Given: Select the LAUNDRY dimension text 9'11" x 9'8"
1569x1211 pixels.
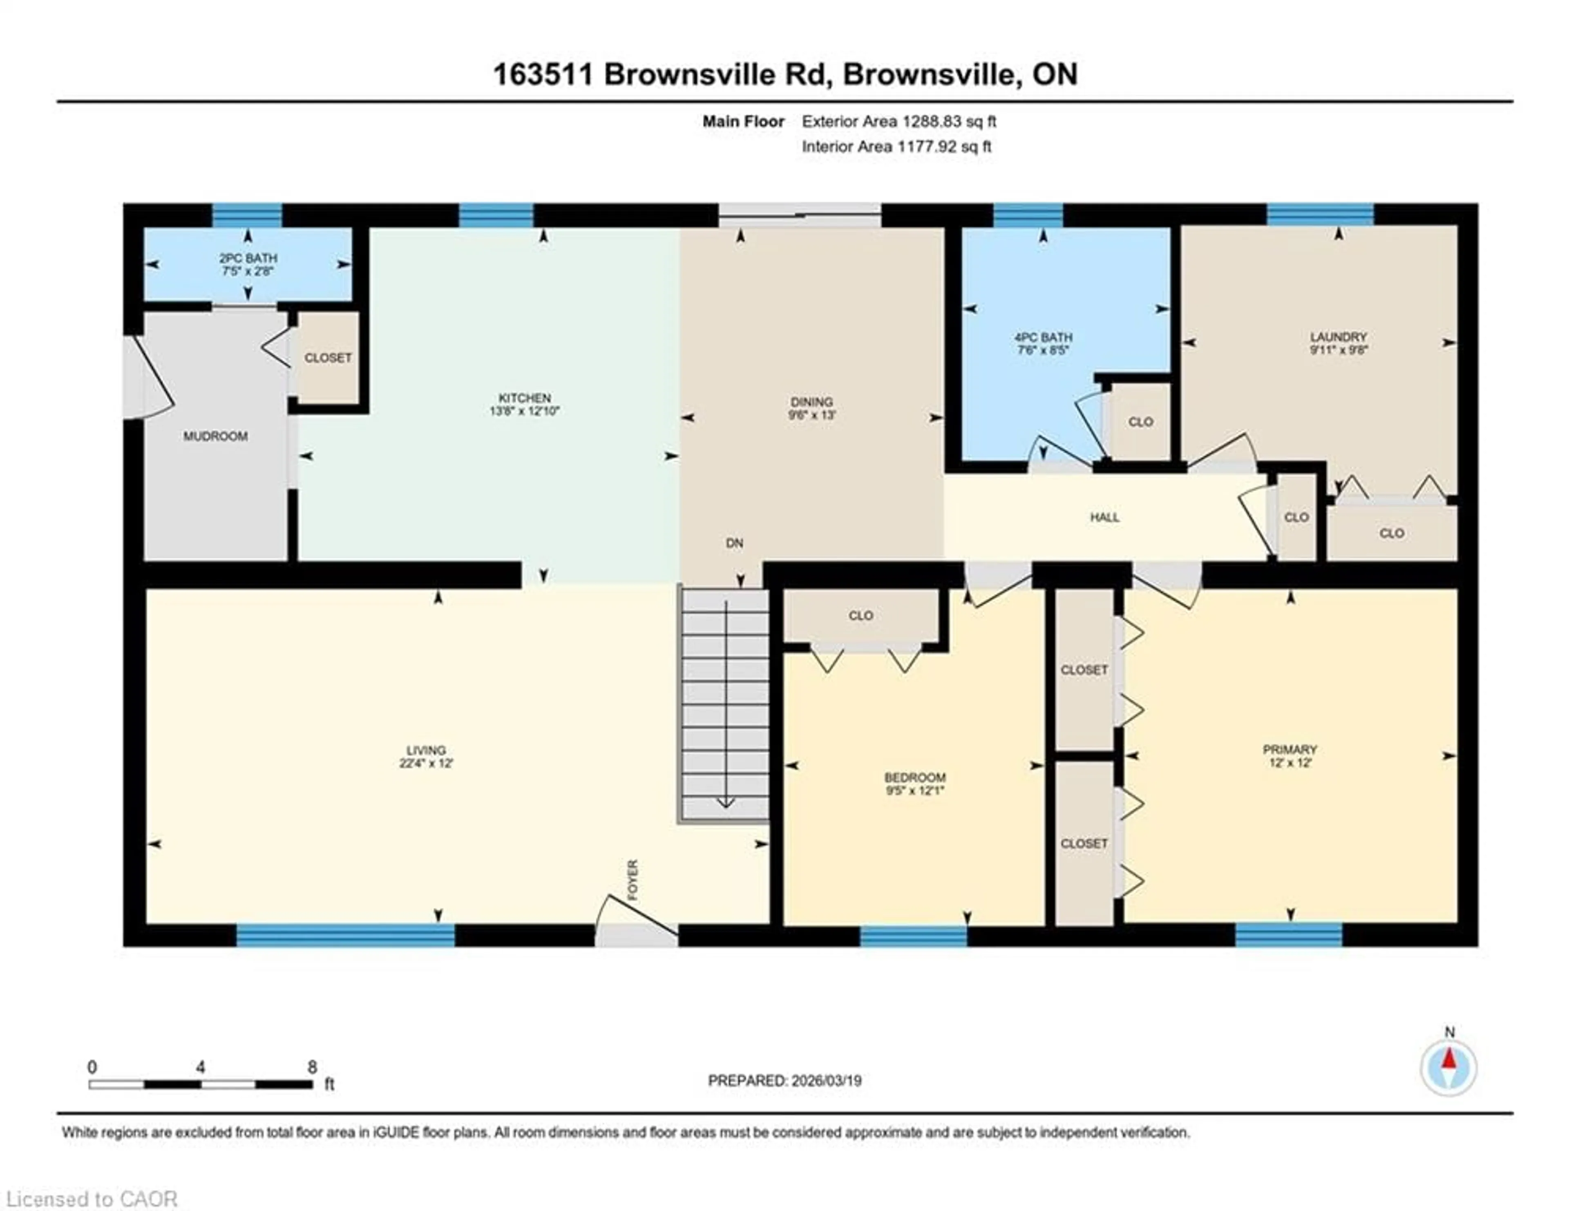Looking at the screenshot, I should tap(1338, 351).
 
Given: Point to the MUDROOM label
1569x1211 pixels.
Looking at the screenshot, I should tap(215, 436).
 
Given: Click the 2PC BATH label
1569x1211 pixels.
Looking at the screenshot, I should tap(248, 258).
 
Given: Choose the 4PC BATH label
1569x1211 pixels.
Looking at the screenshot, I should tap(1043, 337).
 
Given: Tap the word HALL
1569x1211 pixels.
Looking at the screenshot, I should tap(1104, 517).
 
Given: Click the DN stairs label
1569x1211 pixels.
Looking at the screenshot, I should tap(734, 543).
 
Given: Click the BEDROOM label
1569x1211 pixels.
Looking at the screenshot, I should tap(914, 777).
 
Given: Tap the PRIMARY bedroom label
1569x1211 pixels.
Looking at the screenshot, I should tap(1290, 749).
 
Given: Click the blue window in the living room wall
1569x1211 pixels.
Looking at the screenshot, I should tap(346, 934).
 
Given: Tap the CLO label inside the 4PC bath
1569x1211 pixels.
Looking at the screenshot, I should tap(1140, 422).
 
